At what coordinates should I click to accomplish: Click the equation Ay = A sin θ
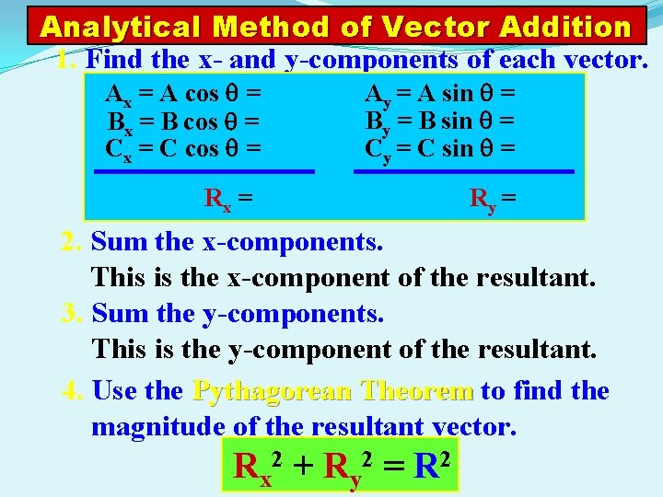440,94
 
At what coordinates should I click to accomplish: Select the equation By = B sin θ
440,121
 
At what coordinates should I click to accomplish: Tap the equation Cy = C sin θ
440,148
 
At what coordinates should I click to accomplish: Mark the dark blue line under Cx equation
205,171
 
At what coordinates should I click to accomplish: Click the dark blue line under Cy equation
464,171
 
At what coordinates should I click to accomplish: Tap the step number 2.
72,243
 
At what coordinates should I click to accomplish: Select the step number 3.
72,314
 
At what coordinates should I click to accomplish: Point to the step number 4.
74,391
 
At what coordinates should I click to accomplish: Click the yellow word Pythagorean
273,392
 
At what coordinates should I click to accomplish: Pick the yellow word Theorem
418,391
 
